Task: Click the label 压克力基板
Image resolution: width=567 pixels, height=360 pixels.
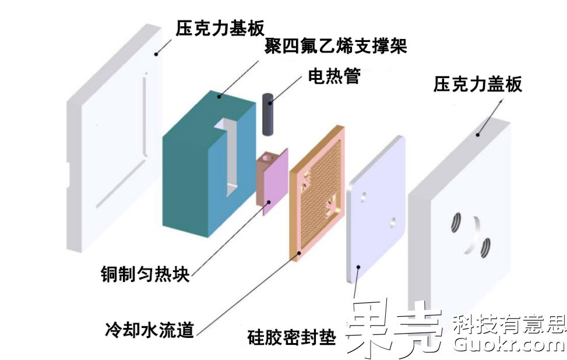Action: coord(220,27)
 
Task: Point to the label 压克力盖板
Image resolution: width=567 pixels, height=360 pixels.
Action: coord(478,86)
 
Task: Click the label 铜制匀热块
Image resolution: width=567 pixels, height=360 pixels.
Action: coord(145,274)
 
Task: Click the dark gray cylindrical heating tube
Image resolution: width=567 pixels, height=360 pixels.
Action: coord(269,114)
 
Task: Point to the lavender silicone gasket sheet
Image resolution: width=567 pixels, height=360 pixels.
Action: coord(376,210)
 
